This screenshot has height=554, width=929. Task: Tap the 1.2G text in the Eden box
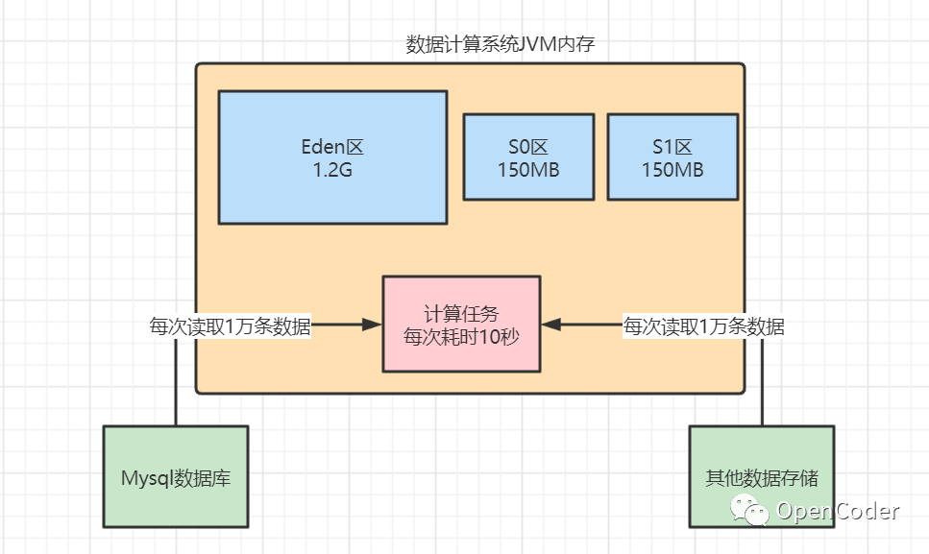[x=332, y=171]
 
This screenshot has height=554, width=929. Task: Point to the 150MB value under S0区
[x=528, y=171]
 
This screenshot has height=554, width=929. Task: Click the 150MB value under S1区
[x=672, y=171]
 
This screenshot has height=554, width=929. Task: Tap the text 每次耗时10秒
[x=461, y=337]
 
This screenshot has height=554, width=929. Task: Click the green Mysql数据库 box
[x=175, y=477]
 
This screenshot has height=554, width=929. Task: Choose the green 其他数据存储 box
[x=762, y=477]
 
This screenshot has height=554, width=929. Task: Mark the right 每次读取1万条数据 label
[x=704, y=326]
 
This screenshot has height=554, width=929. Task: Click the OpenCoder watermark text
[x=838, y=511]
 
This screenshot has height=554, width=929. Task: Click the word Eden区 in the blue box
[x=332, y=148]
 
